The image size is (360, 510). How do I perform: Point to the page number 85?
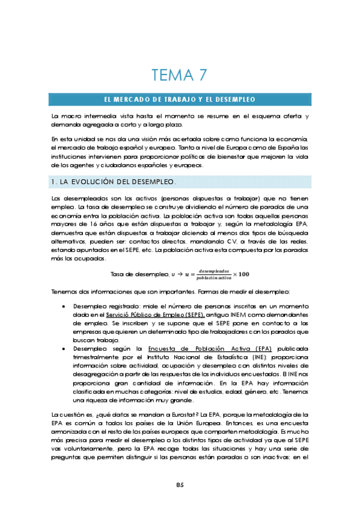pos(180,485)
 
